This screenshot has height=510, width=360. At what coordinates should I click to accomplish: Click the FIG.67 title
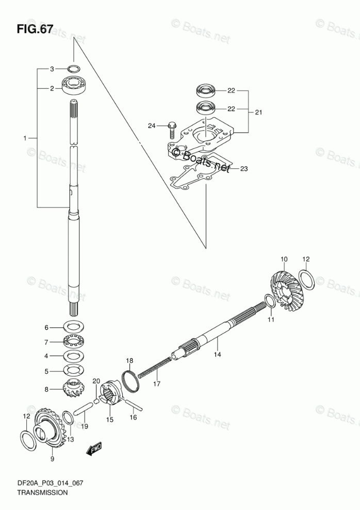[34, 29]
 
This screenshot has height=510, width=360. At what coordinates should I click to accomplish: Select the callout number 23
[244, 168]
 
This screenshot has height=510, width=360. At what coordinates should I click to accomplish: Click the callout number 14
[218, 354]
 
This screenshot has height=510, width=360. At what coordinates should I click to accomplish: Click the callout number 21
[259, 111]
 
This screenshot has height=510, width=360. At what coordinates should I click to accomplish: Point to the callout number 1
[24, 138]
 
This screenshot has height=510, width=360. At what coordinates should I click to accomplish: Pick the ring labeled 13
[68, 418]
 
